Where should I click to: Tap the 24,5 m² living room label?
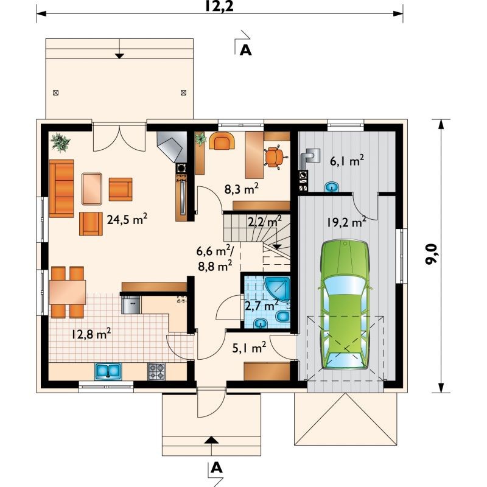(127, 219)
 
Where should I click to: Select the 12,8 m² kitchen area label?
(91, 334)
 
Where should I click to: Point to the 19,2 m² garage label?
(346, 222)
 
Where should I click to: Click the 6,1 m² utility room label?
(347, 161)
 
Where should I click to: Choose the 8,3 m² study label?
(241, 189)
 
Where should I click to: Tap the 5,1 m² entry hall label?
(249, 348)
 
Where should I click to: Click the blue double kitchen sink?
(108, 371)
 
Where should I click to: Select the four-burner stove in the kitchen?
(156, 371)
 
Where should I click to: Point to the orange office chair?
(275, 157)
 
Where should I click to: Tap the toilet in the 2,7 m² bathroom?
(283, 317)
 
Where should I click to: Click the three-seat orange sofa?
(61, 188)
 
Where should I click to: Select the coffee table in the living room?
(92, 189)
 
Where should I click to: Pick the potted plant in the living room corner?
(60, 142)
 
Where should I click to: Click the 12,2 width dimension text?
(219, 6)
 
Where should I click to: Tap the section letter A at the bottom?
(217, 468)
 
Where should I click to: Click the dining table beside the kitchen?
(68, 292)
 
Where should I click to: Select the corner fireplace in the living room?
(172, 147)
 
